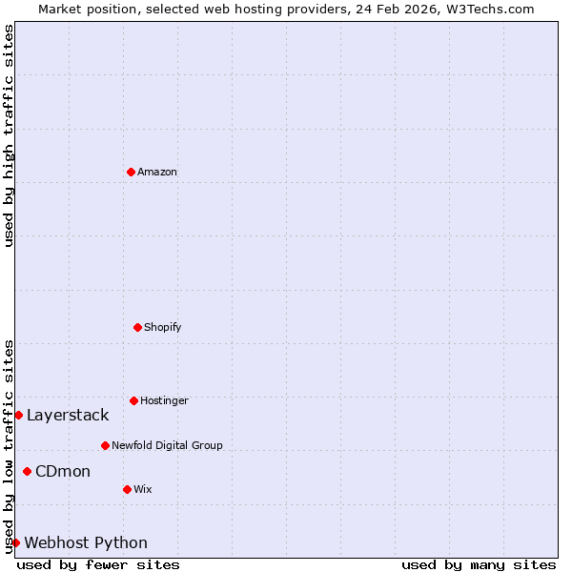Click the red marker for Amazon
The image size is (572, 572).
tap(131, 172)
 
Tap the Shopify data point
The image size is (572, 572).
tap(137, 327)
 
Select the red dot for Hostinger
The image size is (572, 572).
tap(133, 400)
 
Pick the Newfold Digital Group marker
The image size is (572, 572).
tap(105, 445)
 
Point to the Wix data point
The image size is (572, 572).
tap(127, 489)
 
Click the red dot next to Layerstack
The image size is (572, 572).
tap(18, 415)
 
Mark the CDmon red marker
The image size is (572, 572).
tap(27, 471)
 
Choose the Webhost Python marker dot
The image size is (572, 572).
tap(15, 542)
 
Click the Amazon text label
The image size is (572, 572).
tap(157, 172)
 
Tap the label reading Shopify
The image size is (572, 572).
tap(163, 327)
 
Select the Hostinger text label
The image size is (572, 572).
tap(164, 400)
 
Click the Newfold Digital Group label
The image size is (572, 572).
tap(167, 445)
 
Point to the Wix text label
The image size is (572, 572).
tap(143, 489)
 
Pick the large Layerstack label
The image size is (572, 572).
tap(68, 415)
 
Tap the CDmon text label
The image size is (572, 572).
tap(63, 471)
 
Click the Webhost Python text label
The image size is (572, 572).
tap(86, 542)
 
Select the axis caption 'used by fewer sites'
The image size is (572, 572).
tap(98, 564)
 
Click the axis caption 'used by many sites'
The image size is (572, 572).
tap(479, 564)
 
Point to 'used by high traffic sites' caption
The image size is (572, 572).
tap(9, 135)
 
